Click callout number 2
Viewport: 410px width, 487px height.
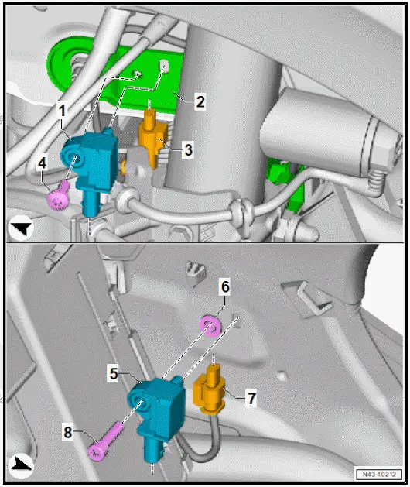click(x=200, y=101)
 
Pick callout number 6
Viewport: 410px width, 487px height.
click(x=224, y=287)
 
